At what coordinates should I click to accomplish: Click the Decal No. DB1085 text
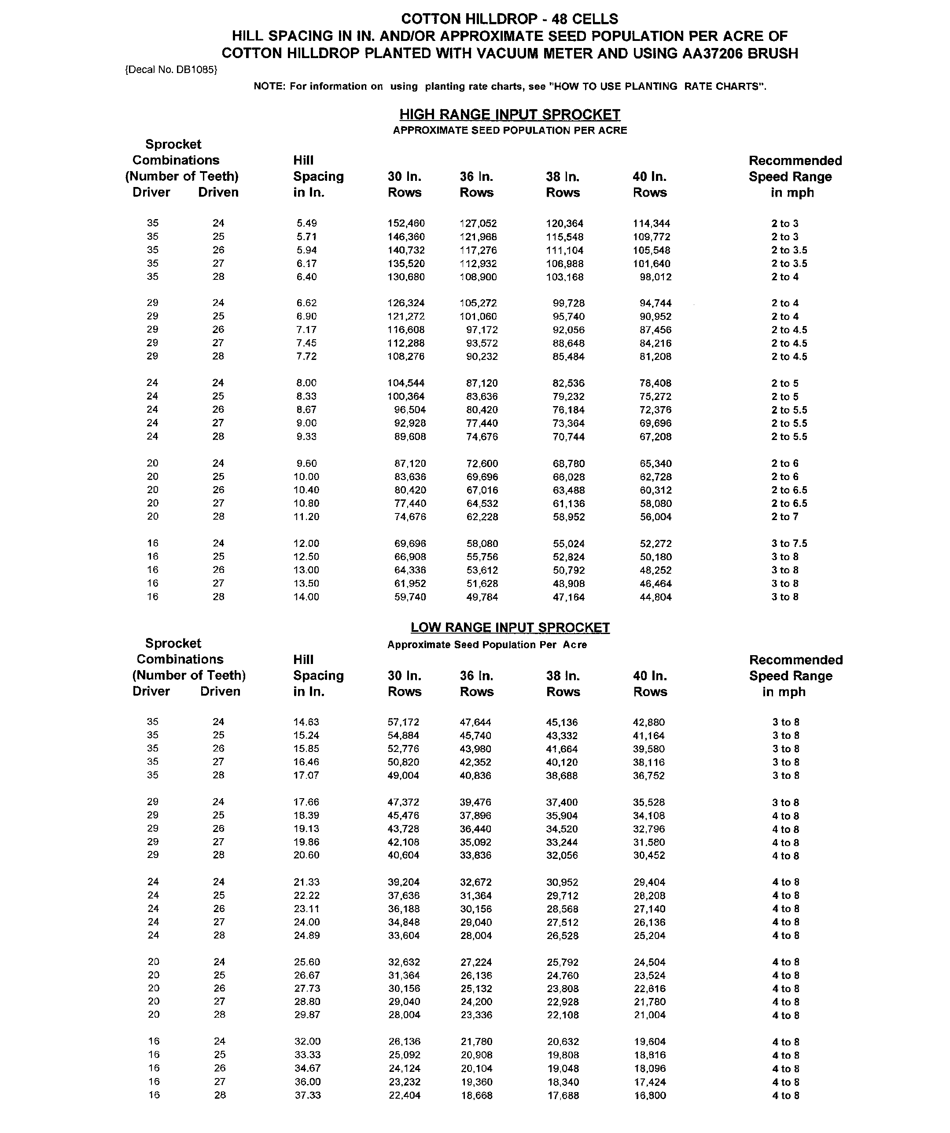(x=171, y=70)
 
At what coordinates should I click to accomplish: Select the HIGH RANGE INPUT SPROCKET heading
(x=509, y=114)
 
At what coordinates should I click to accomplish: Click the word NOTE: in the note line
(x=269, y=86)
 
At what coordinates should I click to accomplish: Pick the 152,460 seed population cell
(x=406, y=224)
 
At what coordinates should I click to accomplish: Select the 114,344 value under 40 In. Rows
(x=652, y=224)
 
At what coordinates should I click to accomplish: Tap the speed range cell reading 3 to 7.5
(x=788, y=543)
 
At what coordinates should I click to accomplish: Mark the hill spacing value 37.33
(x=307, y=1095)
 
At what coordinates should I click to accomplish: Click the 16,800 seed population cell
(x=649, y=1096)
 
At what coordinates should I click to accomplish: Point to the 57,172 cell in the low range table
(x=403, y=722)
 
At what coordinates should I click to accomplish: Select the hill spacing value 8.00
(x=306, y=383)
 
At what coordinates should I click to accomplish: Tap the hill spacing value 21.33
(x=306, y=882)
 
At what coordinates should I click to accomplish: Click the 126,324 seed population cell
(x=406, y=303)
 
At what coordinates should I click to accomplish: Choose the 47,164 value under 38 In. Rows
(x=568, y=597)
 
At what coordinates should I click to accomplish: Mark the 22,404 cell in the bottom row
(x=404, y=1096)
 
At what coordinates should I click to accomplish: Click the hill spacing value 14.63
(x=306, y=722)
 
